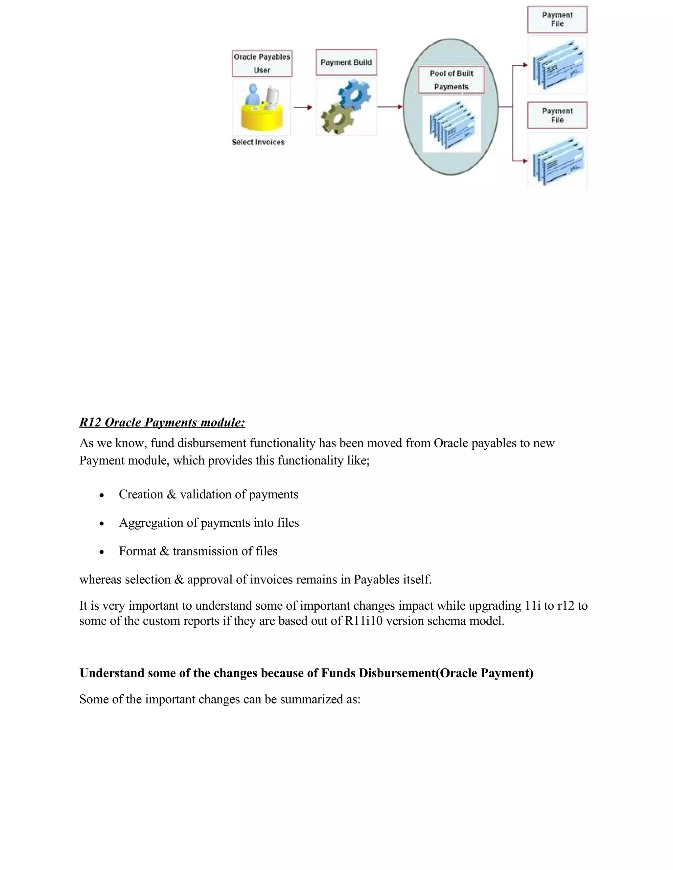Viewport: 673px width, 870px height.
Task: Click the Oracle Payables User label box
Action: [x=262, y=63]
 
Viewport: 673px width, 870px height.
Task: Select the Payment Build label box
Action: [x=346, y=62]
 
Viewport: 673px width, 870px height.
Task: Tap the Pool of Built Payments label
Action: [x=451, y=80]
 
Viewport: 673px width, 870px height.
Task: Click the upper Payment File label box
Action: [x=557, y=19]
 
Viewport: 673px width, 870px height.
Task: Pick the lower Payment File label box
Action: [x=557, y=116]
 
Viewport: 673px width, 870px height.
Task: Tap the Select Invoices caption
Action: [x=258, y=142]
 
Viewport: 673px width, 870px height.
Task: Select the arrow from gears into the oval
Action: [x=389, y=107]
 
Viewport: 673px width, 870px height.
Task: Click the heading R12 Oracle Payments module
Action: [x=162, y=422]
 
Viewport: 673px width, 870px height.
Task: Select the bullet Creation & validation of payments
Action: [x=208, y=494]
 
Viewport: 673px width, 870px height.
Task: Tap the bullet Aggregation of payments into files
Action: [x=209, y=523]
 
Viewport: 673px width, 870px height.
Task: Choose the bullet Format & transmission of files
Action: [x=198, y=551]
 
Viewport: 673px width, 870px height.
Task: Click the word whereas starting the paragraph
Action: [x=101, y=579]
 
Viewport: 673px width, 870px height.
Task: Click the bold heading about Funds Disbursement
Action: [x=306, y=673]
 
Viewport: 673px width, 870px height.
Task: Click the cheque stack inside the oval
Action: [x=451, y=125]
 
